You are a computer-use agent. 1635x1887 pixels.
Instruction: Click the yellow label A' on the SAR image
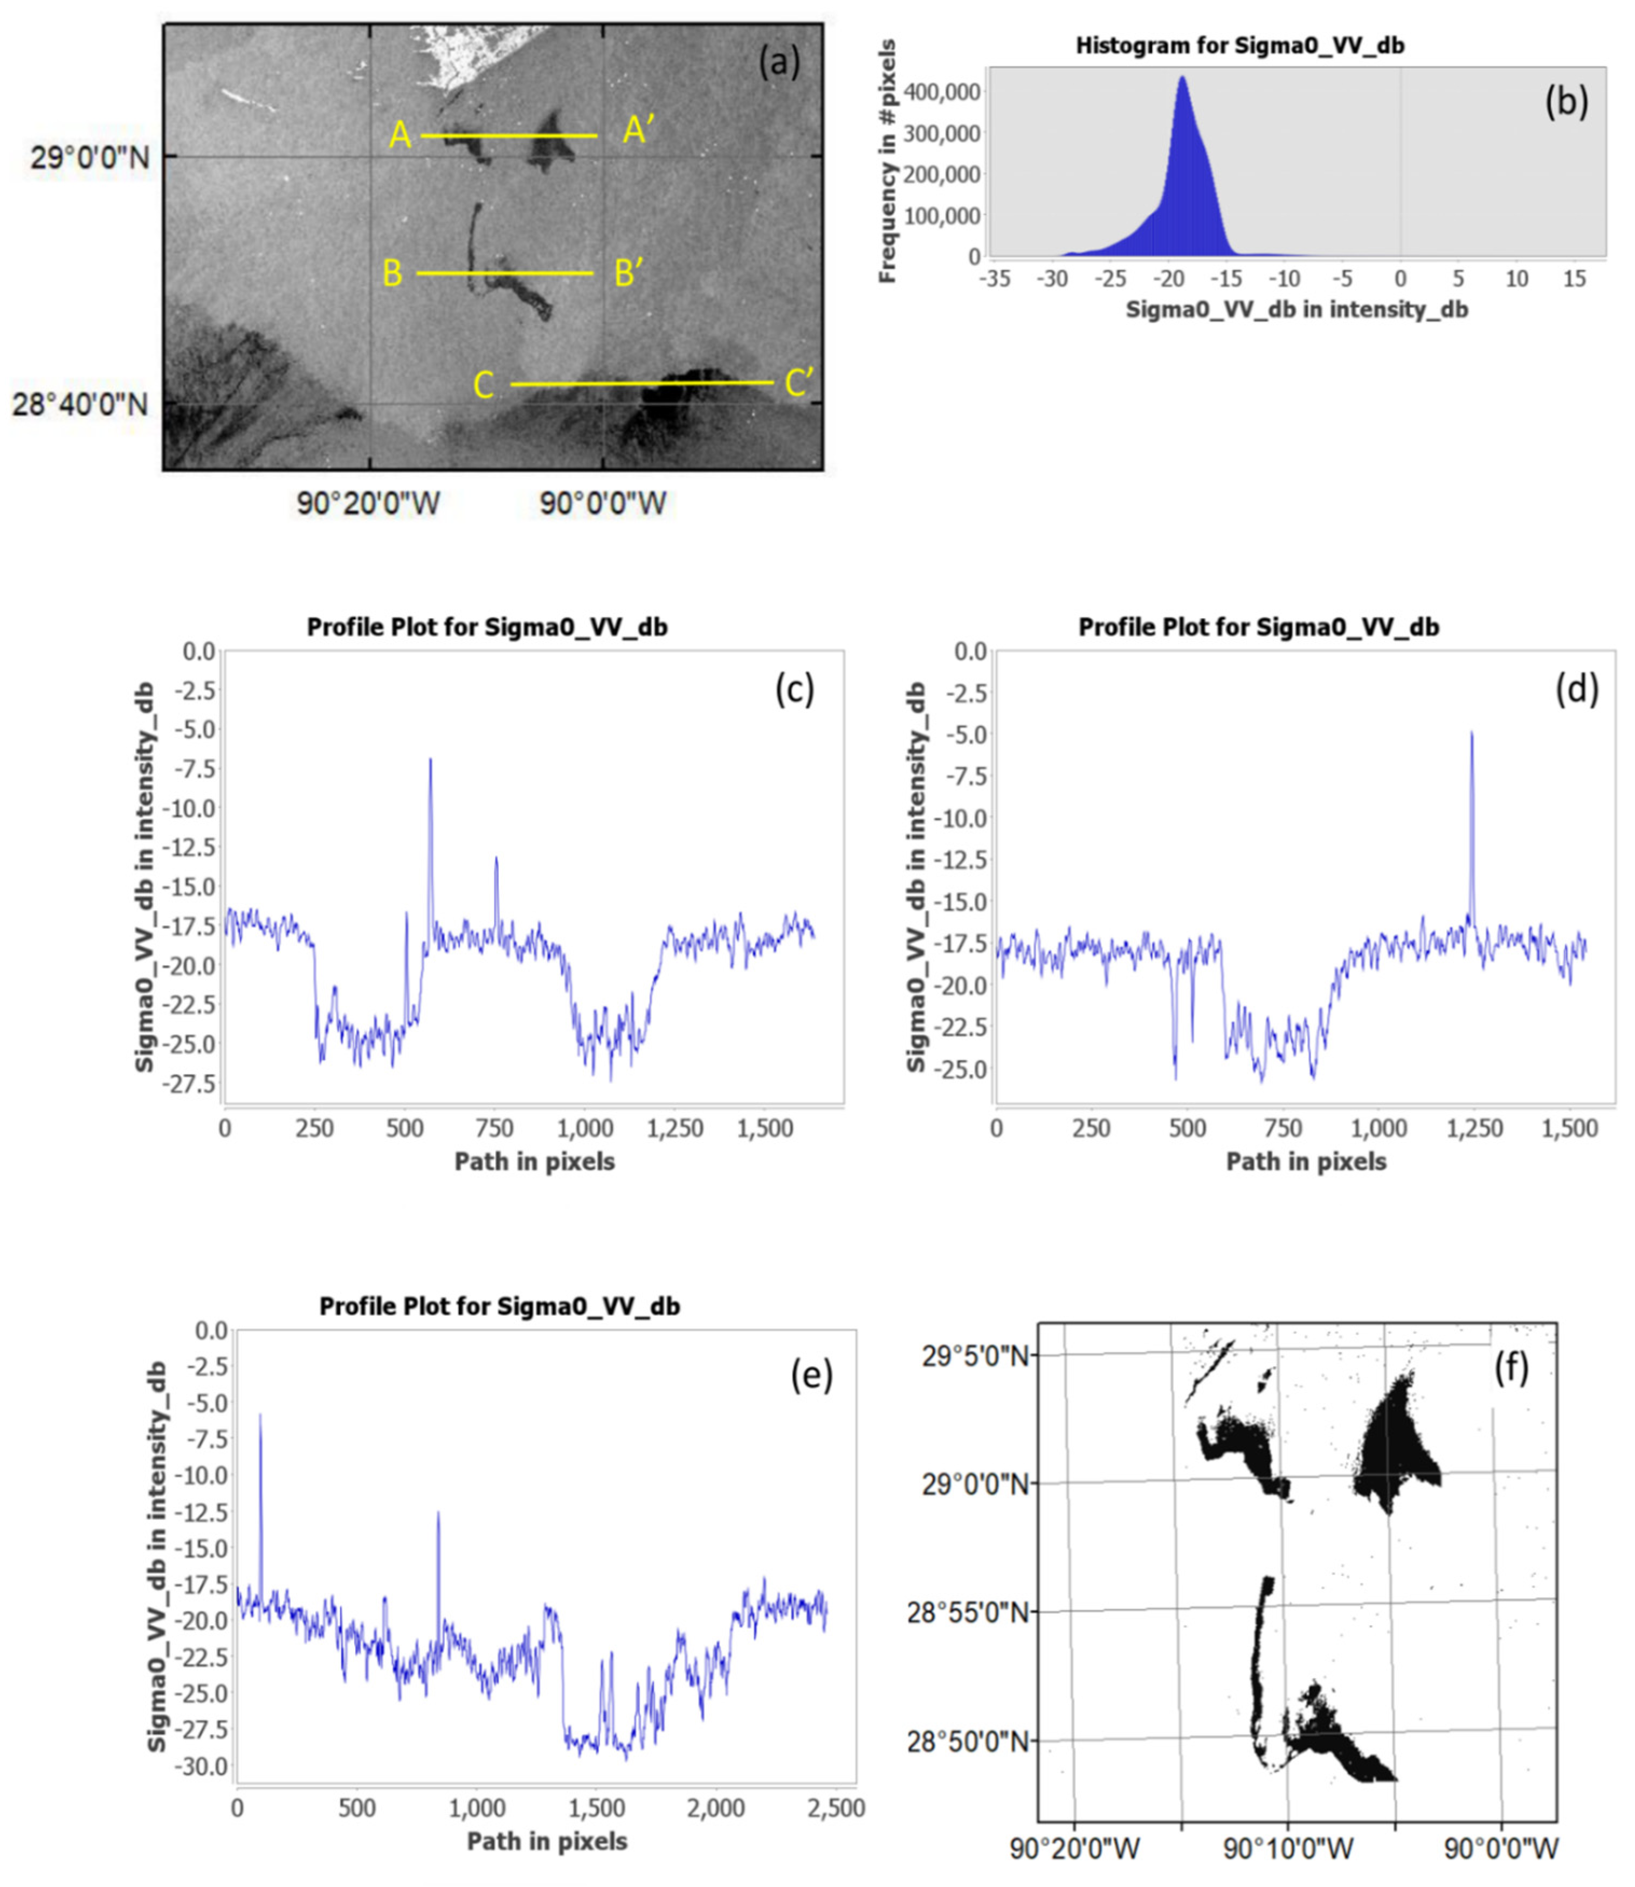639,130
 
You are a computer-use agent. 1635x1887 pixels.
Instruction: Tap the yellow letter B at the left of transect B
392,273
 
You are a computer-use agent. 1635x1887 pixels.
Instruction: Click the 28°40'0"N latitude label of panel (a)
80,403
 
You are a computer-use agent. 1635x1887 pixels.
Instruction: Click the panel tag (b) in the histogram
1565,101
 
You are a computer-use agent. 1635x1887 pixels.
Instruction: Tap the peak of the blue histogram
1183,78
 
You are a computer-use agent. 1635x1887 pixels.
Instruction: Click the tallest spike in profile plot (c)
431,759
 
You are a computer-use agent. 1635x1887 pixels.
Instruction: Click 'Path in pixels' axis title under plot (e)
547,1841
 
